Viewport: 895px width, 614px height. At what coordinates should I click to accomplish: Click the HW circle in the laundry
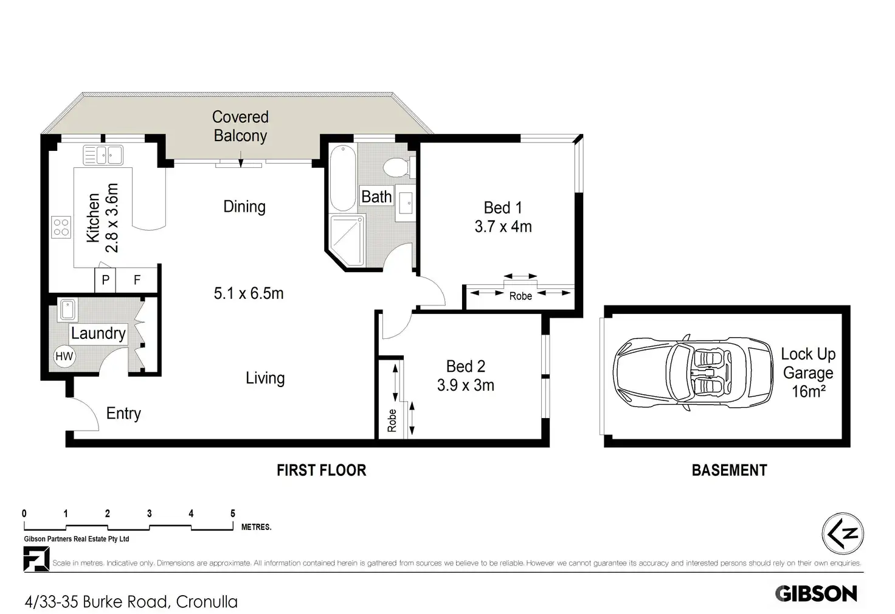coord(64,356)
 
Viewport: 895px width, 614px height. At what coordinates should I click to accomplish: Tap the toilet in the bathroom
coord(399,167)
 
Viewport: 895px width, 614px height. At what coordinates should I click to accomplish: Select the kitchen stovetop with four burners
coord(61,227)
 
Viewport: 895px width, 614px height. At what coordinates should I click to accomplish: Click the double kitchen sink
coord(103,155)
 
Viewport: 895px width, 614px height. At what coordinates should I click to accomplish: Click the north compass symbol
coord(843,534)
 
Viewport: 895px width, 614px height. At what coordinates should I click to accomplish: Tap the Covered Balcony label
coord(240,126)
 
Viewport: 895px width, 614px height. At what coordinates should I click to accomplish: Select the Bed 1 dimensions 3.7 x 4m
coord(503,227)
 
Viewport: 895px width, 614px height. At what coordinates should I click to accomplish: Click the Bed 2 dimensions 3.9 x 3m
coord(466,385)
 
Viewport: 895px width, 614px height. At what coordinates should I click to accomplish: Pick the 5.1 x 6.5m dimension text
coord(249,293)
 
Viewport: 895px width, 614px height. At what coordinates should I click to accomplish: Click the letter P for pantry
coord(105,279)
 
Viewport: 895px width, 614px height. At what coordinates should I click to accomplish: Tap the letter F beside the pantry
coord(137,279)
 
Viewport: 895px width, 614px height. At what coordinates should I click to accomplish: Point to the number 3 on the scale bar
coord(150,514)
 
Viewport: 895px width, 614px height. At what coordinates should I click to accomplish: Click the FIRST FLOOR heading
coord(322,470)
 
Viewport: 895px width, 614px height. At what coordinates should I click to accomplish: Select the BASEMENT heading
coord(730,470)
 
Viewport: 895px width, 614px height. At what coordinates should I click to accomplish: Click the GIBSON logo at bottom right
coord(817,593)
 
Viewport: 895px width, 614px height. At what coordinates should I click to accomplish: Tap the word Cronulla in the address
coord(207,602)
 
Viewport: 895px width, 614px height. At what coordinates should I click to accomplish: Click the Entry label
coord(123,414)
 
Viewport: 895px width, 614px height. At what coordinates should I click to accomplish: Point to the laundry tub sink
coord(67,310)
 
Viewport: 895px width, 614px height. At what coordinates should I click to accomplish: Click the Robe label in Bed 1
coord(520,296)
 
